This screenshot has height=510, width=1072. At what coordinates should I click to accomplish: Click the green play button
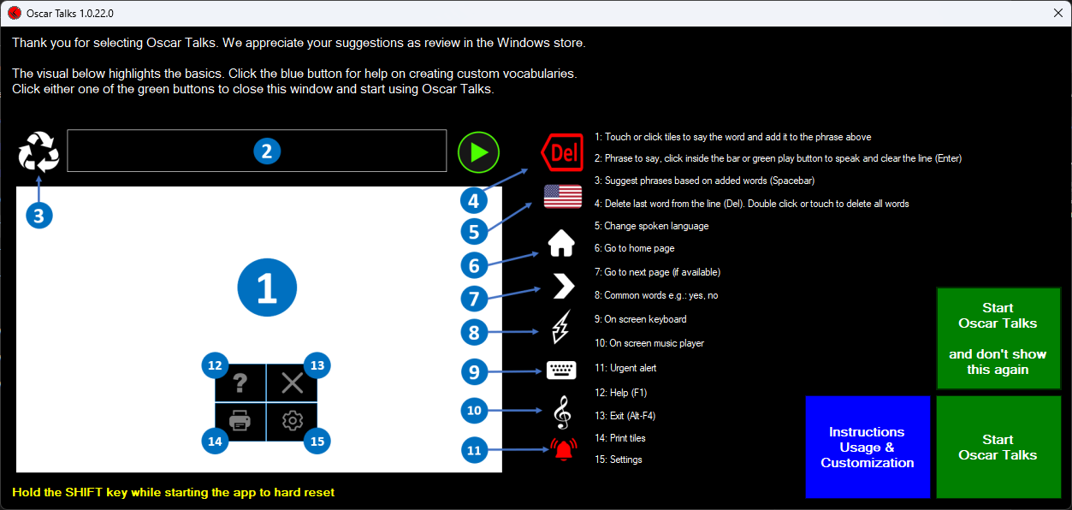coord(478,152)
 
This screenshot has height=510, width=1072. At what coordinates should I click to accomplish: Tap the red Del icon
coord(562,152)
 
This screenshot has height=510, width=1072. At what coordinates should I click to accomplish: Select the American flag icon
coord(563,196)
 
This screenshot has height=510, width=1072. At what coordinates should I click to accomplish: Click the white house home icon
coord(561,243)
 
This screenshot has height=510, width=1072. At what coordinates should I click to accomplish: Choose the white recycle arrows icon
coord(38,151)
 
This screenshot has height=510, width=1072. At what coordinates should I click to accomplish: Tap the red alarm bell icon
coord(563,449)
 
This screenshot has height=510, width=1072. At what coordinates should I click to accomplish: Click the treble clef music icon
coord(562,412)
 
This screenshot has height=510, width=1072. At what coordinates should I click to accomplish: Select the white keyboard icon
coord(561,371)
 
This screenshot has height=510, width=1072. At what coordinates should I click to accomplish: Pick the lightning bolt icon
coord(561,327)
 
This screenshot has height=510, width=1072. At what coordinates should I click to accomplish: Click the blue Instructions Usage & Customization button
coord(868,447)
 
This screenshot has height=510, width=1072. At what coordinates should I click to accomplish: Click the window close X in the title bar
coord(1058,13)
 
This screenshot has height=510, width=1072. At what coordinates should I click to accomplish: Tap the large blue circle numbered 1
coord(267,288)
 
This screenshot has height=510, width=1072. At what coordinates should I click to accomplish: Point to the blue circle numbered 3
coord(39,216)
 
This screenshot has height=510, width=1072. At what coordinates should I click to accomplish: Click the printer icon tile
coord(240,421)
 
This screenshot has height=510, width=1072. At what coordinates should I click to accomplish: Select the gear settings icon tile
coord(292,421)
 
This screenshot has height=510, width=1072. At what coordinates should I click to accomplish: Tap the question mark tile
coord(240,383)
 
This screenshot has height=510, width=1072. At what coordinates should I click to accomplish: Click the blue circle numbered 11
coord(474,449)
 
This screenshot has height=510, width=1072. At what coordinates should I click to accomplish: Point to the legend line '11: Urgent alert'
coord(625,368)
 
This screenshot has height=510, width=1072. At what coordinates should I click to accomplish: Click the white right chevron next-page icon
coord(563,287)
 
